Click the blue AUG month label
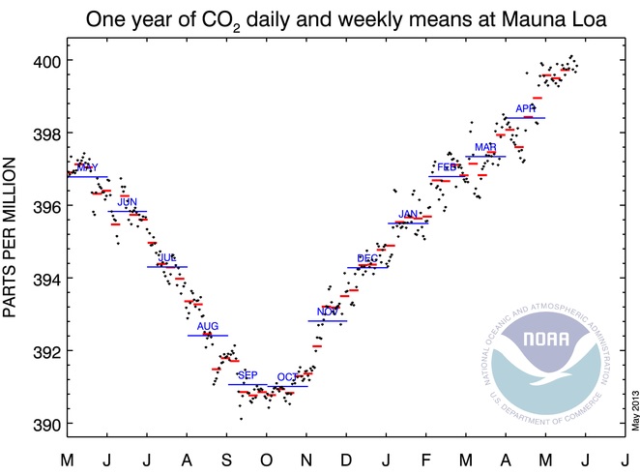pyautogui.click(x=208, y=326)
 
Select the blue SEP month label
pyautogui.click(x=247, y=375)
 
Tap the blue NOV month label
pyautogui.click(x=328, y=312)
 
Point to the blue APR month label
pyautogui.click(x=526, y=108)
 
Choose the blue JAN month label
pyautogui.click(x=409, y=214)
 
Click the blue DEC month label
pyautogui.click(x=367, y=258)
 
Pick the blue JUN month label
pyautogui.click(x=128, y=201)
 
